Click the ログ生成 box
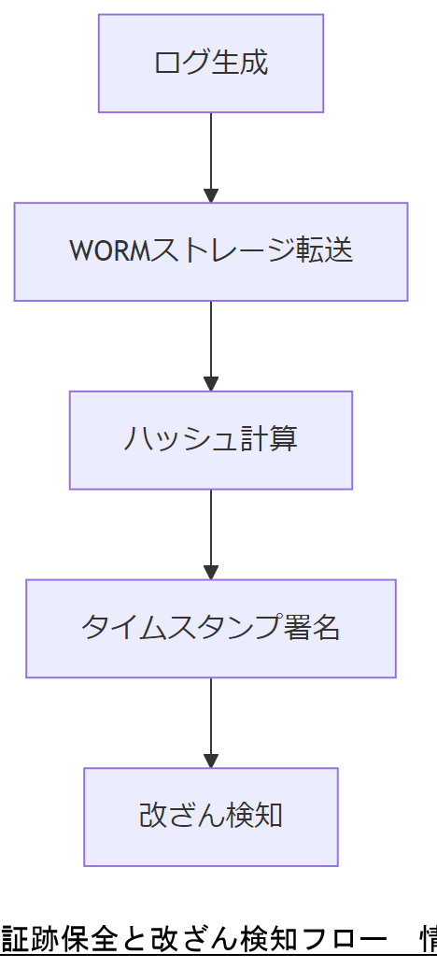(211, 64)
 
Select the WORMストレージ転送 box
(211, 251)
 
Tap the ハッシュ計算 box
(211, 440)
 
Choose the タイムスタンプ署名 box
(211, 628)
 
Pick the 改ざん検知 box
(211, 817)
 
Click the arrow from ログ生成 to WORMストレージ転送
(211, 154)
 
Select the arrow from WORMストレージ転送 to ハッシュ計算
(211, 342)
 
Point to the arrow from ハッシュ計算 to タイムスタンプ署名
(211, 531)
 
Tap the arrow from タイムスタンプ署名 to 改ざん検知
(211, 719)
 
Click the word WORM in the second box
(109, 251)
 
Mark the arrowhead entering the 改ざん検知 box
(211, 760)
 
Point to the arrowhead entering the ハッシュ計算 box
(211, 383)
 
